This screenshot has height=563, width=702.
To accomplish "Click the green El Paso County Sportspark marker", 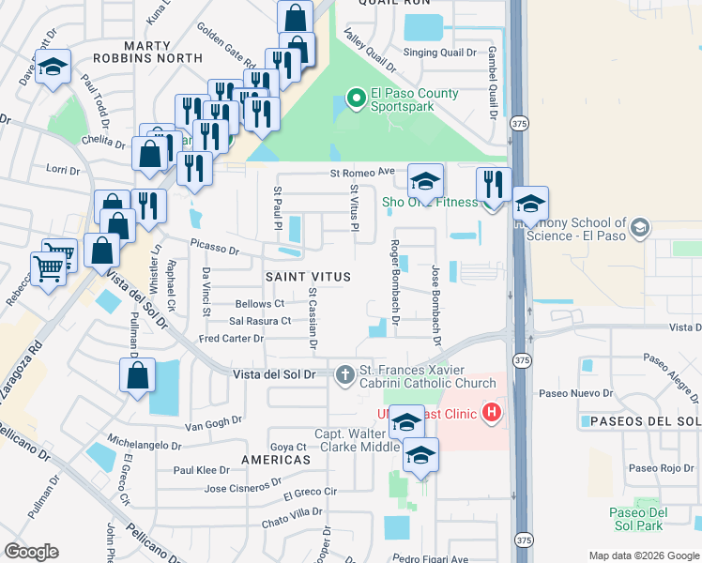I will tap(356, 97).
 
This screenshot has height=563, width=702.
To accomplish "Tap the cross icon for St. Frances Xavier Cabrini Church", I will tap(345, 374).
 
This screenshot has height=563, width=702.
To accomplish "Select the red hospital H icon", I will tap(490, 411).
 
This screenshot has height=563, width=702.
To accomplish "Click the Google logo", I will tap(31, 552).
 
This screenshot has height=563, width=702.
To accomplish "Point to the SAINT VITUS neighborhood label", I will tap(308, 277).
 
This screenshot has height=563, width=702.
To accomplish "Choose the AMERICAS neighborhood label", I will tap(275, 461).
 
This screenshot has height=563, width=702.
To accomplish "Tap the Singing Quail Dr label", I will tap(440, 53).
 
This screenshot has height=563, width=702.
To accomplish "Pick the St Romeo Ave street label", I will tap(362, 173).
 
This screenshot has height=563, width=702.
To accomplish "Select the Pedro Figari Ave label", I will tap(431, 558).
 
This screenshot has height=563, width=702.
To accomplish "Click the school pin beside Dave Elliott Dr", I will tap(53, 67).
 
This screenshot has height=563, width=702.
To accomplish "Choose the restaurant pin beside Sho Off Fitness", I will tap(493, 184).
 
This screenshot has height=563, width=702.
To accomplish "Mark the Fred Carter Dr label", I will tap(232, 338).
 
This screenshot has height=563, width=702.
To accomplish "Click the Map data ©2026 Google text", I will tap(643, 555).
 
